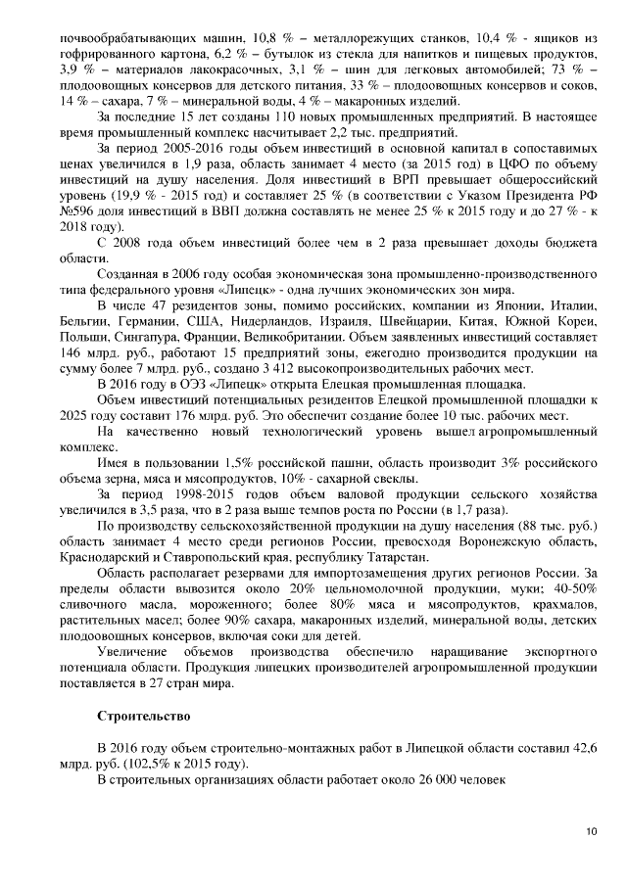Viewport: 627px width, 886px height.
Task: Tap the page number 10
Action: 591,831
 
